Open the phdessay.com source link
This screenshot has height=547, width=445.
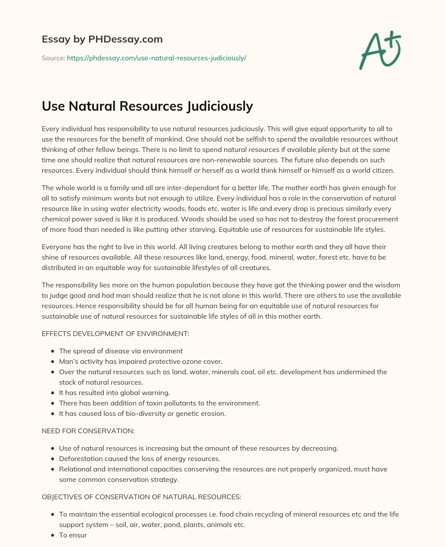click(156, 58)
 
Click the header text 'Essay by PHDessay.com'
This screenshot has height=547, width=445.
click(102, 39)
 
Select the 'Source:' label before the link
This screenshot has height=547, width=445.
click(53, 58)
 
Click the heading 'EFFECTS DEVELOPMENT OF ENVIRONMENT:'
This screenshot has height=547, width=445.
click(115, 334)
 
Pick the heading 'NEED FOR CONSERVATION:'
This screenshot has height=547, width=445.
click(88, 431)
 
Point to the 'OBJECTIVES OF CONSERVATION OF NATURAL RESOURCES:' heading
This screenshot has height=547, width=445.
click(141, 497)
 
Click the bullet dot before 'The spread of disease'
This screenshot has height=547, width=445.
click(53, 351)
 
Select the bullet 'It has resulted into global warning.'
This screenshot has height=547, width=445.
click(114, 393)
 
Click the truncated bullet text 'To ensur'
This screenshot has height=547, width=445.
click(73, 535)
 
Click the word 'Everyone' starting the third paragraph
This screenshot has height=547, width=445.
click(56, 247)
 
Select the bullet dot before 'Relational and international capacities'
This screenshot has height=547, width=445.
click(53, 469)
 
